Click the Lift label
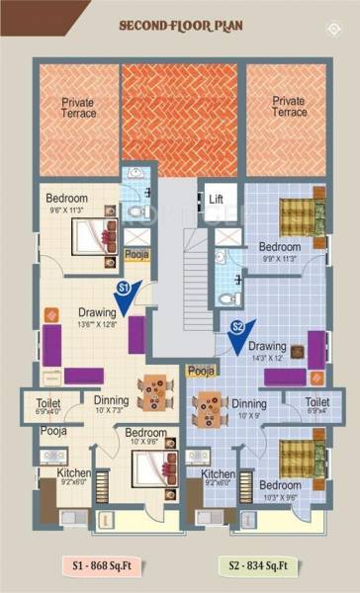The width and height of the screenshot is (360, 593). coord(217,199)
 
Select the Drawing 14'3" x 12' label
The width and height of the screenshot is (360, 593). coord(268,352)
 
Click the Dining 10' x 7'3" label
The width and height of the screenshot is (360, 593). coord(111,405)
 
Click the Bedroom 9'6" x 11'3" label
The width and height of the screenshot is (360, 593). coord(70,203)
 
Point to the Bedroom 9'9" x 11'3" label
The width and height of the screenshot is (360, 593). coord(279,251)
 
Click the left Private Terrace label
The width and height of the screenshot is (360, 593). coord(78,107)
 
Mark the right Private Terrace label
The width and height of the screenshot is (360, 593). coord(289,107)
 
